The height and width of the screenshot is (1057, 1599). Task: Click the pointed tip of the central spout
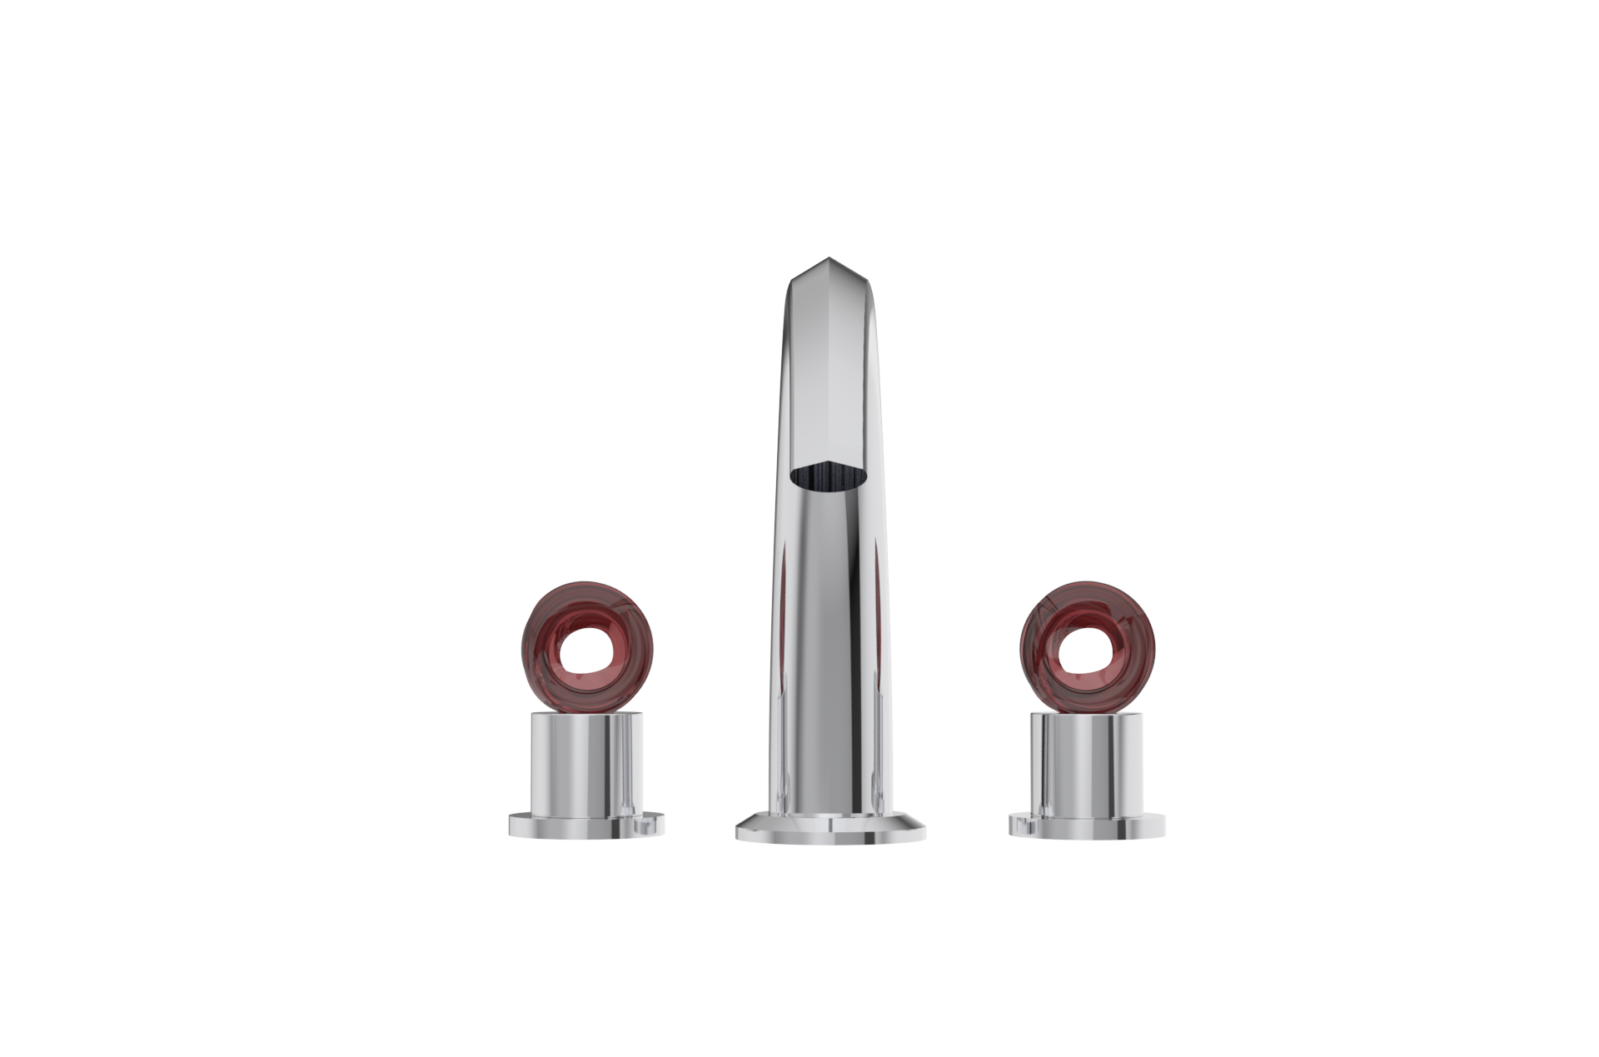[x=829, y=260]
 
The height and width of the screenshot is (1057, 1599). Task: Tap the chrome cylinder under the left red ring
[x=587, y=762]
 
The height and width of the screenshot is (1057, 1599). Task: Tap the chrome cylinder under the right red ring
[x=1087, y=762]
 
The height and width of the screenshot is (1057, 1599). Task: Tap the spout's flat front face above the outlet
[x=829, y=375]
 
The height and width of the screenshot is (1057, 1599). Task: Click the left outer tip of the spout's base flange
[x=739, y=833]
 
